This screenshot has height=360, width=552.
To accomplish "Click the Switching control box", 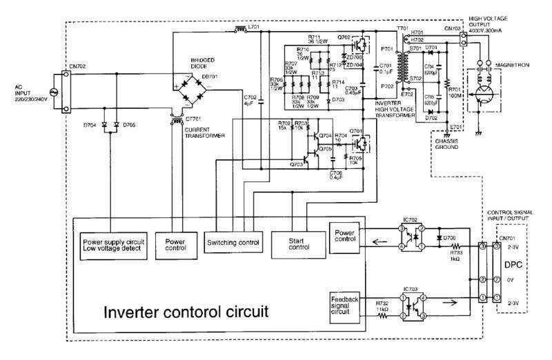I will tap(233, 243).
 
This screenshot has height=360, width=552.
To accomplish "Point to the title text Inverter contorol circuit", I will tap(185, 312).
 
